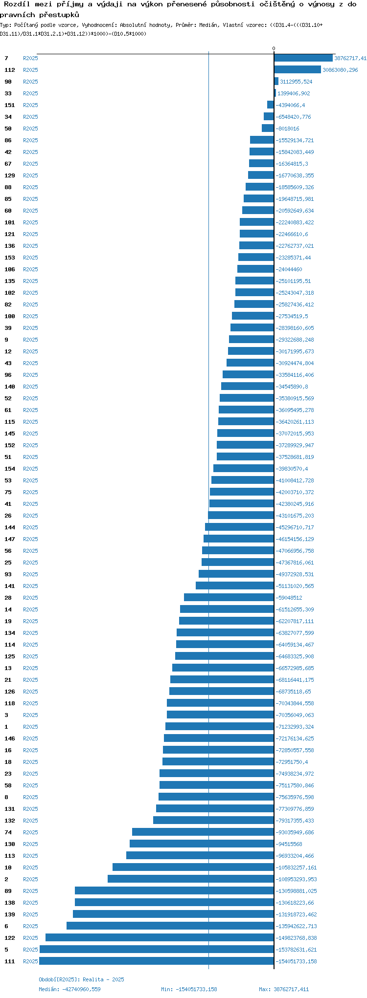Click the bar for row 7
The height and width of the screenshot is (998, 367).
tap(303, 58)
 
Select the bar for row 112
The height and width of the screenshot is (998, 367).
tap(298, 70)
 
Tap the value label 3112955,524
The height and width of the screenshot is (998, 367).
tap(296, 82)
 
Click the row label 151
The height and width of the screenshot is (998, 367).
tap(10, 105)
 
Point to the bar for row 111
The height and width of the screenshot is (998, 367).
tap(157, 961)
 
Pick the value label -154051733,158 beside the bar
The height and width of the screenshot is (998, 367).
tap(296, 961)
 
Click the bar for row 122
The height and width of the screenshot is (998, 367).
tap(160, 938)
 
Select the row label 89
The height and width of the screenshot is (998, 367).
tap(8, 891)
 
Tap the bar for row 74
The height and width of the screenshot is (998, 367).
tap(203, 832)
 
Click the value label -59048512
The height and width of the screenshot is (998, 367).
tap(289, 598)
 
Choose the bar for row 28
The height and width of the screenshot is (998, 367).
tap(229, 598)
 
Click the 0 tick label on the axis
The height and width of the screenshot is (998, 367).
tap(274, 48)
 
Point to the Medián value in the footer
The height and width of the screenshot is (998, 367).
tap(69, 989)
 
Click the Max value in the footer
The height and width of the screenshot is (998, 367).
tap(284, 989)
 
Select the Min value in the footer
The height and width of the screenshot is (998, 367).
tap(189, 989)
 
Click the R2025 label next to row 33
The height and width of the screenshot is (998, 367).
tap(30, 93)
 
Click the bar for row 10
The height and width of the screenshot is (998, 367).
tap(193, 868)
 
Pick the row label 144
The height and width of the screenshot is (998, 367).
tap(10, 527)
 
